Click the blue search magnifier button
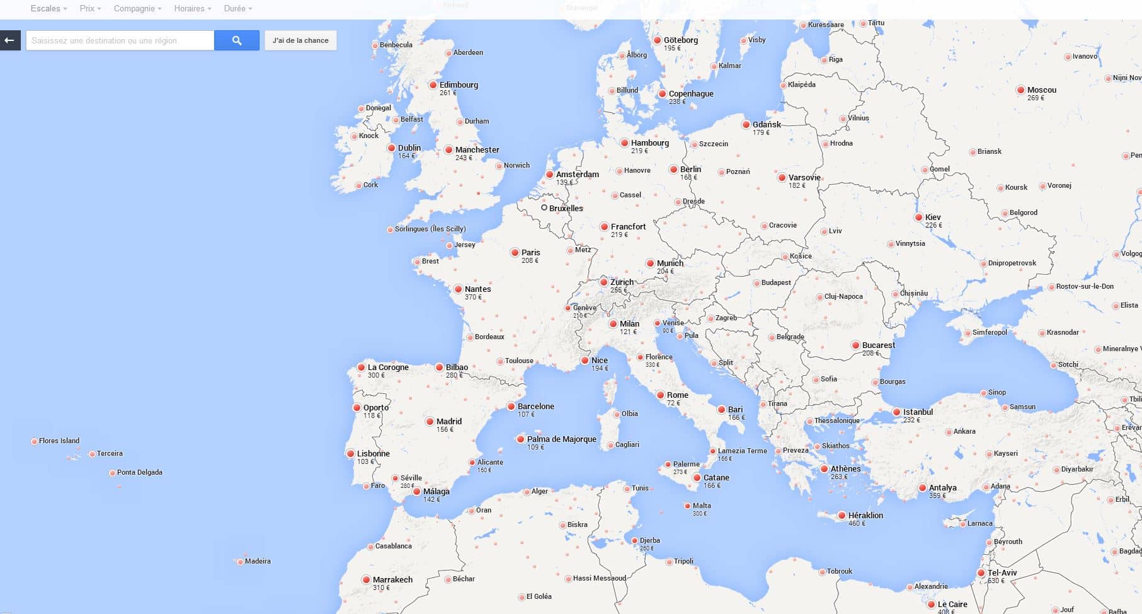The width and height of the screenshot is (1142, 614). click(237, 40)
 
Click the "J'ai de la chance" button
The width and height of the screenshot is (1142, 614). click(300, 40)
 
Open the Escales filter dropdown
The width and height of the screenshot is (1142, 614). click(49, 8)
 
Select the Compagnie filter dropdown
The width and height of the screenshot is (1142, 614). click(137, 8)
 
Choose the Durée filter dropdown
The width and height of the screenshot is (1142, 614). click(237, 8)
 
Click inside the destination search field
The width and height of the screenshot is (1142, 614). click(120, 40)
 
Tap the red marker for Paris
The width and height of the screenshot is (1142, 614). click(515, 253)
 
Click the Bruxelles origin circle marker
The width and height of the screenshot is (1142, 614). click(544, 207)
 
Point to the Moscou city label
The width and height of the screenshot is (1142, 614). click(1041, 90)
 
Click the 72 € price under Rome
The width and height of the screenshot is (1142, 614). click(673, 403)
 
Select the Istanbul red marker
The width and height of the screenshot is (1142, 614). click(896, 412)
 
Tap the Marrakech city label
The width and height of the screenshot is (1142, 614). click(392, 579)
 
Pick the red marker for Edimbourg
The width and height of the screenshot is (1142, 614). click(433, 85)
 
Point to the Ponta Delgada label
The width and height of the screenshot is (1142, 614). click(139, 472)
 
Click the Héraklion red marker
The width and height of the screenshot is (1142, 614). click(842, 516)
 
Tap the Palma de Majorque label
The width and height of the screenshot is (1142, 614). click(561, 439)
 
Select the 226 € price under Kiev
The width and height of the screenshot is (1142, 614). click(934, 225)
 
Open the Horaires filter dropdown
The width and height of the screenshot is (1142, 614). click(192, 8)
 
